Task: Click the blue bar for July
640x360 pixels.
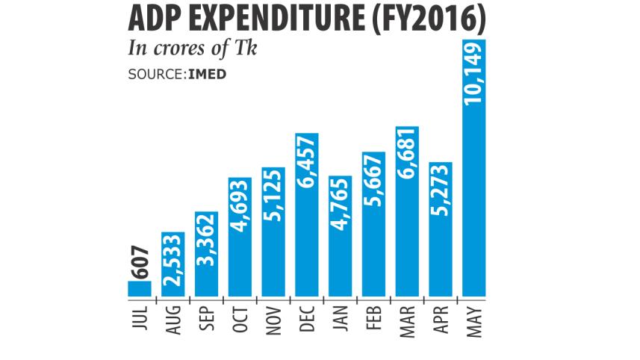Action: (140, 288)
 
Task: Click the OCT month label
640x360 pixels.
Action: (240, 320)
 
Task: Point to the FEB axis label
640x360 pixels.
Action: (374, 320)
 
